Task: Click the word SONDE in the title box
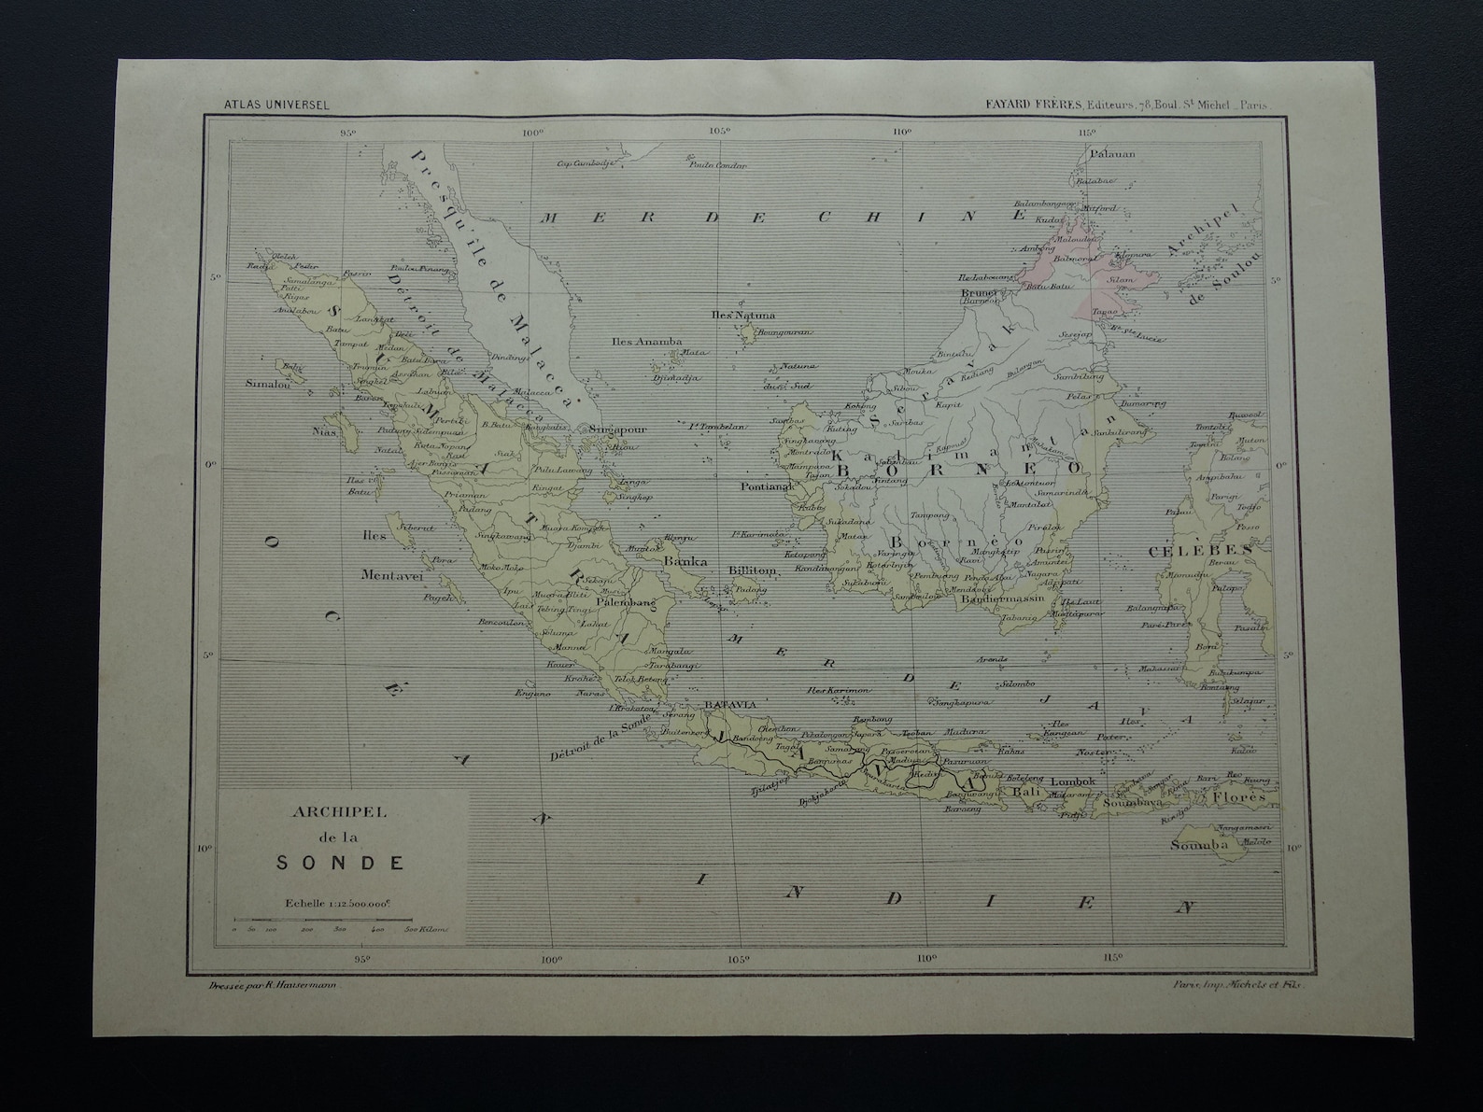tap(341, 862)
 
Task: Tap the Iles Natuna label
tap(743, 316)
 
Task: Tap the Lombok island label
tap(1072, 781)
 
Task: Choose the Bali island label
tap(1027, 791)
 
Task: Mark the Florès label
tap(1239, 797)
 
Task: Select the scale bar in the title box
tap(339, 922)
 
